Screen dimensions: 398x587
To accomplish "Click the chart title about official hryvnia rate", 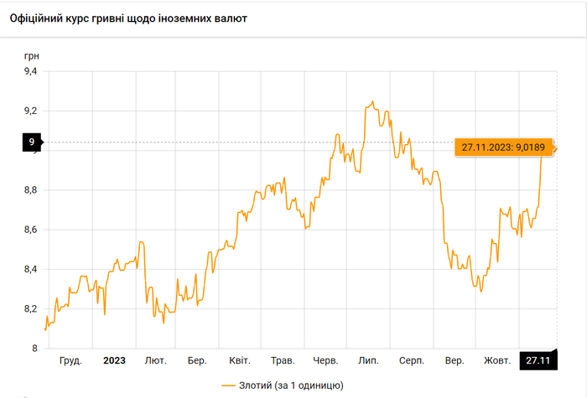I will [128, 18].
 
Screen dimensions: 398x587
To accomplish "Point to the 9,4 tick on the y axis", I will [30, 71].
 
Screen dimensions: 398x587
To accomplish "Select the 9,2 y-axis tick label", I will [30, 111].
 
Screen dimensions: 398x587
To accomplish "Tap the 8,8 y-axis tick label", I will [30, 190].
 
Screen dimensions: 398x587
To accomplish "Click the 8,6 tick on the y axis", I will [30, 230].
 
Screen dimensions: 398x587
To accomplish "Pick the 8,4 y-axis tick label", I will [30, 269].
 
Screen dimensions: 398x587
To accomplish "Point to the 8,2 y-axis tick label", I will [30, 309].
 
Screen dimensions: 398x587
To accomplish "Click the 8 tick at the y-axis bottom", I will [34, 349].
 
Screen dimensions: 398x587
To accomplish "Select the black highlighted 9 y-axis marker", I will [32, 142].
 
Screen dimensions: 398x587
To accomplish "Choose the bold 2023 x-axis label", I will [114, 360].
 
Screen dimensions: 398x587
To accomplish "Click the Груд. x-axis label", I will [71, 360].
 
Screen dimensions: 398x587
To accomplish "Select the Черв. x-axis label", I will [325, 360].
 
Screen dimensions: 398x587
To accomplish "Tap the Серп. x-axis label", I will [411, 360].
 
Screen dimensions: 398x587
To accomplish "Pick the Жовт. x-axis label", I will [497, 360].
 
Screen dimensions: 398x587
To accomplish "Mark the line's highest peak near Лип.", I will [372, 102].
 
